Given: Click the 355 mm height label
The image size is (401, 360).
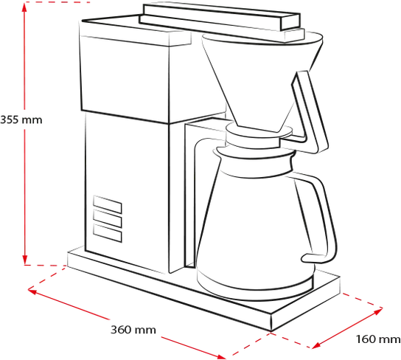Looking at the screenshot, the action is click(21, 120).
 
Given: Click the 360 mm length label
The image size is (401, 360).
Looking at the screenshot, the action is click(133, 330).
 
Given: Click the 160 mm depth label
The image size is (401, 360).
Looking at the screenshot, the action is click(378, 339).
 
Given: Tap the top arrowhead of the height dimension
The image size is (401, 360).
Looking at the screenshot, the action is click(24, 7).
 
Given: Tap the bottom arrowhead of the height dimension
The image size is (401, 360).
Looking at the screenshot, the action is click(24, 260).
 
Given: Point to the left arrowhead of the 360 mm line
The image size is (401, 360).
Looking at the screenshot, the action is click(32, 291).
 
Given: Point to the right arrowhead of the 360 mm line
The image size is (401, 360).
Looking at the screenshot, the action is click(220, 356).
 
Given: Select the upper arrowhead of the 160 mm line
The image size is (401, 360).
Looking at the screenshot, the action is click(377, 311).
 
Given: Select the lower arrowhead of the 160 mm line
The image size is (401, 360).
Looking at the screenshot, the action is click(316, 345).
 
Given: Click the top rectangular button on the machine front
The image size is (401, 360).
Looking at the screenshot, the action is click(108, 204).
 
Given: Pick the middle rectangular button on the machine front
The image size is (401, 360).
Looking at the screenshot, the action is click(108, 219).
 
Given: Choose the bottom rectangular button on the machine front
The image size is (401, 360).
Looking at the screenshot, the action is click(108, 233).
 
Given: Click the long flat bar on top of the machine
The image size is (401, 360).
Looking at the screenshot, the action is click(220, 18).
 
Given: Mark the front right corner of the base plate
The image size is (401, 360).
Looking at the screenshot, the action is click(271, 331).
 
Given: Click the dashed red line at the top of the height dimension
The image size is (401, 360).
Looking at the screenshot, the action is click(57, 2).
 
